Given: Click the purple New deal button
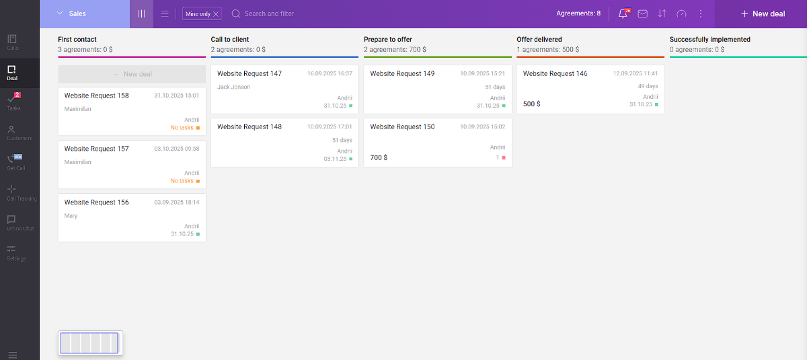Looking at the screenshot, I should coord(763,13).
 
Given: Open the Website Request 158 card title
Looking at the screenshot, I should coord(96,96).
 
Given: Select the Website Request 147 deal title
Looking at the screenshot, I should coord(249,73).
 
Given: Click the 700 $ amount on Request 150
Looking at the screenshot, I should coord(379,157).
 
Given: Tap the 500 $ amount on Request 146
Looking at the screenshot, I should coord(531,104).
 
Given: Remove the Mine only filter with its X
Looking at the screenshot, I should coord(216,14).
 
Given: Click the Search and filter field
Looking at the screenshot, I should coord(269,13).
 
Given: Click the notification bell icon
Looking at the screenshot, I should coord(623,13).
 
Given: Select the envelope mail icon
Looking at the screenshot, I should coord(643,13).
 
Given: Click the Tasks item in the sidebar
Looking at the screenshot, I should coord(13,102).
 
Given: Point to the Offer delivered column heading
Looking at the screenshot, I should coord(539,39).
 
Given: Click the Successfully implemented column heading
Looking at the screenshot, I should coord(709,39).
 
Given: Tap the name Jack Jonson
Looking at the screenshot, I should coord(233,87).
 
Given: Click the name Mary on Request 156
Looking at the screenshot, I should coord(71,216).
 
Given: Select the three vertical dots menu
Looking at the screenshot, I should coord(701,13).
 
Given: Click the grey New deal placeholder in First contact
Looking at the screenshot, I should coord(132,74).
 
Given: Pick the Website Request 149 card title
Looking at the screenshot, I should coord(402,73).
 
